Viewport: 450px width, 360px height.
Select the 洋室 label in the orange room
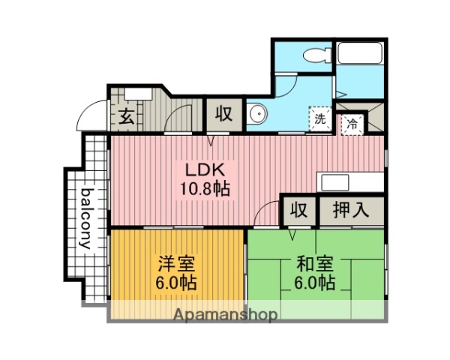[x=176, y=264]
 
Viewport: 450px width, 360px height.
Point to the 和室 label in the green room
[x=314, y=264]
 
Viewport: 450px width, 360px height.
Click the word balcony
[x=85, y=217]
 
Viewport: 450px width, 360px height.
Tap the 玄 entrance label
[x=126, y=117]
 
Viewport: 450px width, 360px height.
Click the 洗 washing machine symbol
[x=319, y=118]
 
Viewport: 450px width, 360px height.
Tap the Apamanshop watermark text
[x=225, y=315]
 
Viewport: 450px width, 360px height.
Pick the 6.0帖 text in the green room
[x=314, y=283]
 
